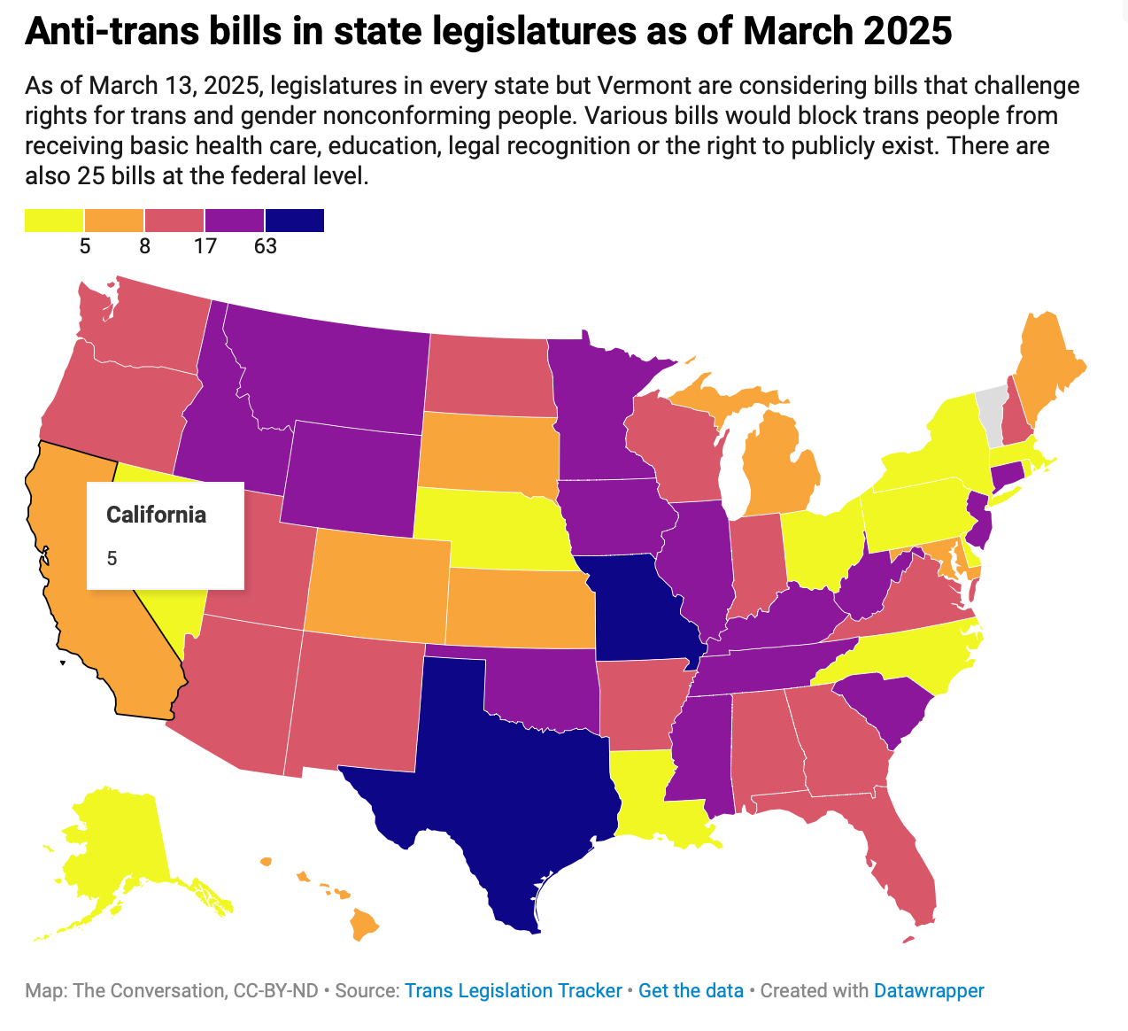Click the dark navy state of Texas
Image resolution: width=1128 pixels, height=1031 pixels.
pos(496,779)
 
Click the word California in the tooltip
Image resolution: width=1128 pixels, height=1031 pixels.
pos(156,515)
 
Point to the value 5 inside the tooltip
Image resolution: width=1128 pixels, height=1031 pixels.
pos(112,558)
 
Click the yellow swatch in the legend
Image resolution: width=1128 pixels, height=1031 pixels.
pos(54,220)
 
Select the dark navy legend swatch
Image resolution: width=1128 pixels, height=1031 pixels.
pos(295,220)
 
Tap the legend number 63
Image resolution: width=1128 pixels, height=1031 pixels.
pos(266,246)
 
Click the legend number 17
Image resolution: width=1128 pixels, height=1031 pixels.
pos(205,246)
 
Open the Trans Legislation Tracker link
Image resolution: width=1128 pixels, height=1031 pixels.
pos(514,990)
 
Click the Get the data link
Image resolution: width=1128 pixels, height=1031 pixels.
pos(691,990)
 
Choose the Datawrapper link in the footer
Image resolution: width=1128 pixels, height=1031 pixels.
pos(929,990)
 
